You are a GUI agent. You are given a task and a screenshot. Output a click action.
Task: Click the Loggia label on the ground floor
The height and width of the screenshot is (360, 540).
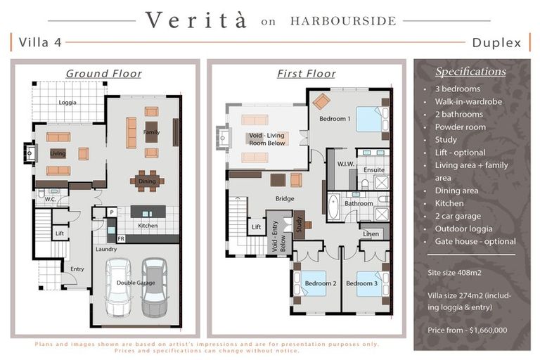click(x=67, y=103)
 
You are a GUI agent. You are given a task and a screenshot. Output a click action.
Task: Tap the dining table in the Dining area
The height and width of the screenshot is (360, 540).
click(x=147, y=181)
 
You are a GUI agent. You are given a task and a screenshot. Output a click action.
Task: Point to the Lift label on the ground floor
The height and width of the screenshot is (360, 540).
click(x=60, y=233)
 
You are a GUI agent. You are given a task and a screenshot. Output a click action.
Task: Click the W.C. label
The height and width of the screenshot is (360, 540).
click(x=51, y=199)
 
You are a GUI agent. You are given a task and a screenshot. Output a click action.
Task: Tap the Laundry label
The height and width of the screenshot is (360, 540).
click(x=106, y=249)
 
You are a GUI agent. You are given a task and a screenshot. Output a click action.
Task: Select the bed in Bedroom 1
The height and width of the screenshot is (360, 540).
click(x=372, y=119)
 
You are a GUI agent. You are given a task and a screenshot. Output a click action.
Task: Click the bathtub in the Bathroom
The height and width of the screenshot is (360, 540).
click(x=333, y=207)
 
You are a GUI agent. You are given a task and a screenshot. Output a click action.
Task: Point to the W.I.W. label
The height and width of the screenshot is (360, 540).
click(x=346, y=164)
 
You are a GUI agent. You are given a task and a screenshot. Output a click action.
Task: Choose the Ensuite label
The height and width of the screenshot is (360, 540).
click(x=374, y=170)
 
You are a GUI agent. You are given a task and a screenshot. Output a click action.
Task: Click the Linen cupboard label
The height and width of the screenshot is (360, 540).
click(x=371, y=234)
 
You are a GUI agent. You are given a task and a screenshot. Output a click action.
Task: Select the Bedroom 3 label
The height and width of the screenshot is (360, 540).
click(x=361, y=283)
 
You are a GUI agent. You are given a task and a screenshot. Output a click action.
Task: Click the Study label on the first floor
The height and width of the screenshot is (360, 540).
click(x=299, y=224)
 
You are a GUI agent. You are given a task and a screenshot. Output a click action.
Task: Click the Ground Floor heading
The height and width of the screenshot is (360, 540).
click(x=103, y=73)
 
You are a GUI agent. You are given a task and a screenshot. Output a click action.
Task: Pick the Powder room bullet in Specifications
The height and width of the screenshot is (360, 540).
click(x=461, y=127)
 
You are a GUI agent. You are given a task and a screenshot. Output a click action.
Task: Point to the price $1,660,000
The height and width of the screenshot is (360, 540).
click(x=489, y=330)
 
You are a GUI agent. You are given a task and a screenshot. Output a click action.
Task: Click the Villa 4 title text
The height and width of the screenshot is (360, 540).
click(x=40, y=42)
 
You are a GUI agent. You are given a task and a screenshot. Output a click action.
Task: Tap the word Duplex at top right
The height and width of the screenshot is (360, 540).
click(x=496, y=43)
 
